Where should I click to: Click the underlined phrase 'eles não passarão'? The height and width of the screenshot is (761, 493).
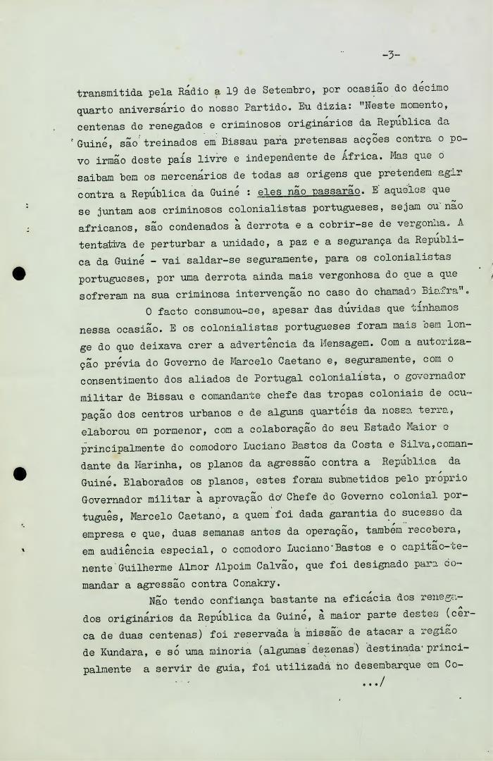(x=308, y=191)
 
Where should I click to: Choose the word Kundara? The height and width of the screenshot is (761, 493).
(x=111, y=652)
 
